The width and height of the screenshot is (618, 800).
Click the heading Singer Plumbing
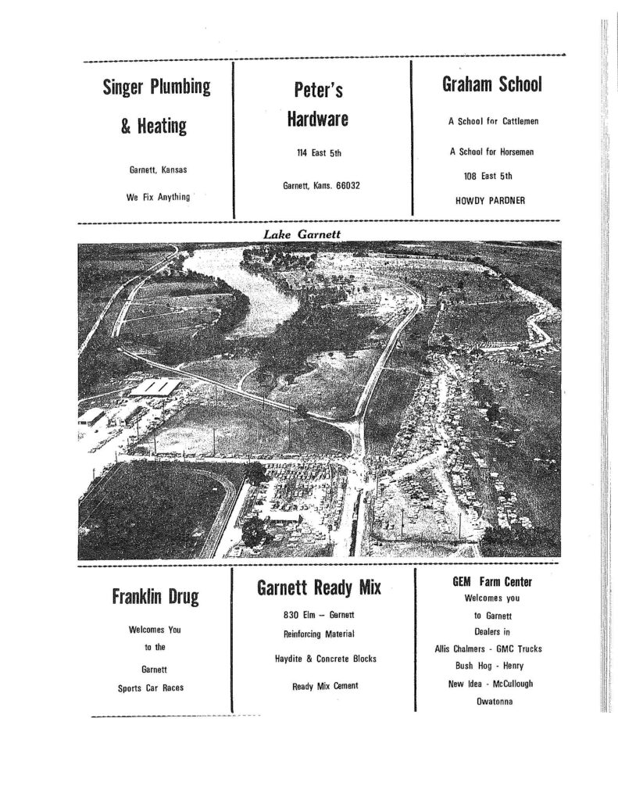tap(157, 87)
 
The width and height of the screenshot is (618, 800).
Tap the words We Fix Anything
tap(159, 198)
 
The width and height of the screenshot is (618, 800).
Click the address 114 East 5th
tap(317, 154)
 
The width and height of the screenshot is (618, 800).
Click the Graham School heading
tap(491, 84)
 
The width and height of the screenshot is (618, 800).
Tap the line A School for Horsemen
tap(491, 152)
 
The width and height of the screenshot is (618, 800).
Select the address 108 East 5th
tap(490, 177)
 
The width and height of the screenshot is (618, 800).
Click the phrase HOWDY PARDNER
tap(490, 200)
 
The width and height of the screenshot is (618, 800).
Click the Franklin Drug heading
tap(155, 598)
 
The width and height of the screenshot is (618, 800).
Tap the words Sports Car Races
tap(155, 688)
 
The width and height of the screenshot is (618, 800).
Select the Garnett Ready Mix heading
tap(319, 587)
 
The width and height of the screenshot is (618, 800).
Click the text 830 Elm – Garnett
tap(319, 616)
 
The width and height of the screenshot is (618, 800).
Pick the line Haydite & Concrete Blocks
tap(325, 659)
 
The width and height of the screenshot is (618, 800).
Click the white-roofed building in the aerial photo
tap(155, 387)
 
